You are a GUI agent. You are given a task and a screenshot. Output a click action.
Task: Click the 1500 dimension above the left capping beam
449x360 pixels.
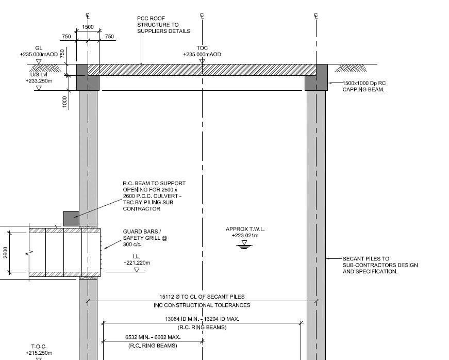[88, 27]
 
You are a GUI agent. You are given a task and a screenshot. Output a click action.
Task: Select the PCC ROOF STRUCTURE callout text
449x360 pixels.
[163, 25]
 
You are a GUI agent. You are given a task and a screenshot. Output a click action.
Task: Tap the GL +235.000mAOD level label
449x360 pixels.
[39, 51]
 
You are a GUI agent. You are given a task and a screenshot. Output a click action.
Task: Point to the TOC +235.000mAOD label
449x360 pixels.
[202, 51]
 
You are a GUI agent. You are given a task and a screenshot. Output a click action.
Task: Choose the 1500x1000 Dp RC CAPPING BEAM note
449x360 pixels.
[364, 86]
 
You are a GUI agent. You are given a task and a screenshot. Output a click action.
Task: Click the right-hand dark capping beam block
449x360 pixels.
[316, 77]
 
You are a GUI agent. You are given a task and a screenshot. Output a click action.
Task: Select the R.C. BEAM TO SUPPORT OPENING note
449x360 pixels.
[154, 196]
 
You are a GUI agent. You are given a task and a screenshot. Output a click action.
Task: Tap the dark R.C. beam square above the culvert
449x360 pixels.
[71, 218]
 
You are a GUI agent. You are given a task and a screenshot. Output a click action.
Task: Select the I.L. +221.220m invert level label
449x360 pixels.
[137, 259]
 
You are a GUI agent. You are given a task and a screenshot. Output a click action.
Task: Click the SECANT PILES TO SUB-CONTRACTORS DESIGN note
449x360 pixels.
[380, 265]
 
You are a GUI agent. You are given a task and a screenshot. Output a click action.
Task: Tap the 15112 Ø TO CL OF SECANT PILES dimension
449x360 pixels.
[202, 297]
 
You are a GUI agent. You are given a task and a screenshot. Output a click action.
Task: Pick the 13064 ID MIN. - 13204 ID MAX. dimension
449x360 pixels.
[202, 319]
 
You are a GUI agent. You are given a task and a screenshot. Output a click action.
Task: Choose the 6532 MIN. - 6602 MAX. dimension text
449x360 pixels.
[153, 337]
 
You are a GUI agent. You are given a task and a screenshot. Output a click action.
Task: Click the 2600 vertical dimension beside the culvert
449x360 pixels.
[6, 253]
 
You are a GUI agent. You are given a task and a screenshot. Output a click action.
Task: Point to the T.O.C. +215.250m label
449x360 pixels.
[39, 350]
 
